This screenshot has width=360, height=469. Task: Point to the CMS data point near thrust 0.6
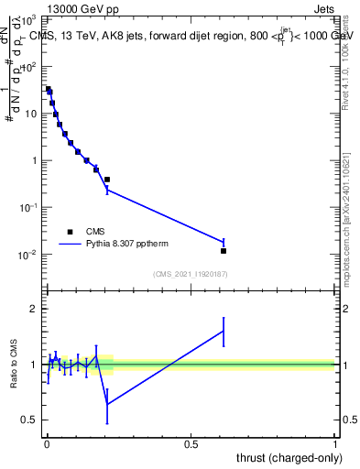click(224, 250)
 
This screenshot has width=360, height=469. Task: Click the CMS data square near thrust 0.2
click(107, 180)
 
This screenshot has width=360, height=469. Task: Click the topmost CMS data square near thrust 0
click(49, 89)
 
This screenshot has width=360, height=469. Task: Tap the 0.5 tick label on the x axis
click(191, 442)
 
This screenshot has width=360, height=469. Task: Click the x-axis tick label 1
click(335, 442)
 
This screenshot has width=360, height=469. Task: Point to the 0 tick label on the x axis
click(47, 442)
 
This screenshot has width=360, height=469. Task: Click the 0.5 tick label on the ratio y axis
click(30, 420)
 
